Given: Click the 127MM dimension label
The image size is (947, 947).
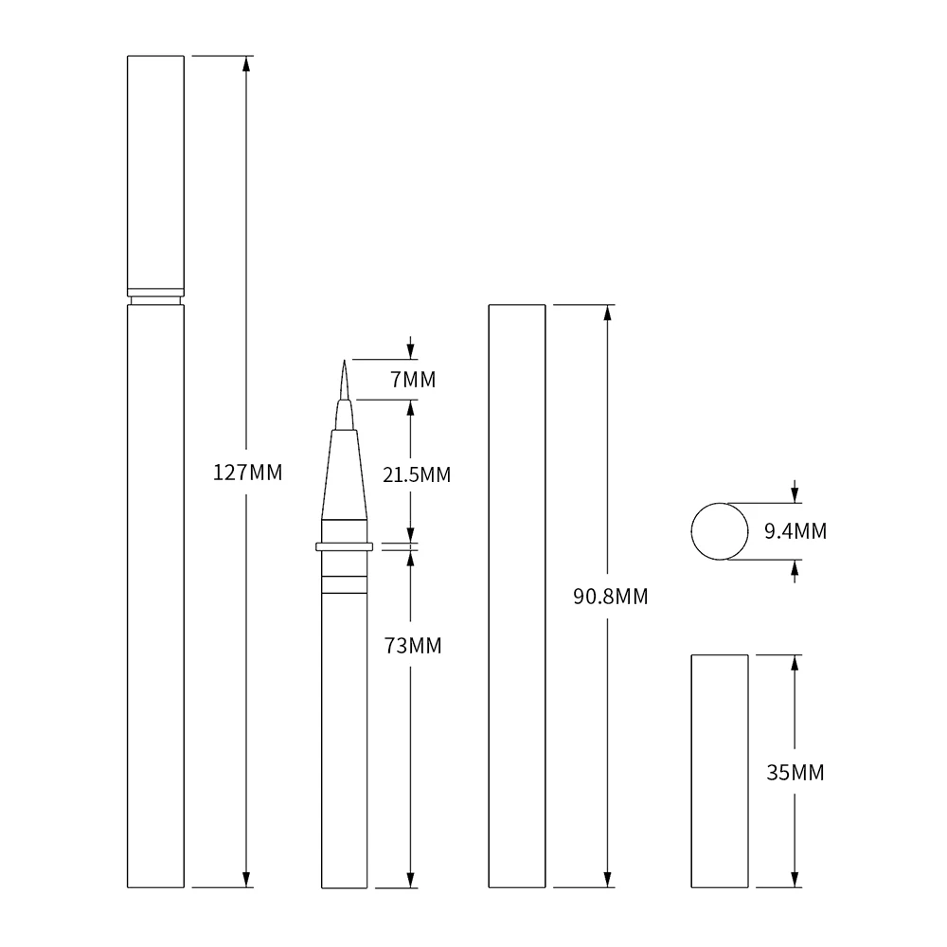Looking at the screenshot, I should (247, 473).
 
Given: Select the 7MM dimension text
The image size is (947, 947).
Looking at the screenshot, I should (413, 380).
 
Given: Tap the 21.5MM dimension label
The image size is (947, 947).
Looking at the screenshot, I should (417, 474).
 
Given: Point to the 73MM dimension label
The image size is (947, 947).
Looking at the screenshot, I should (413, 646).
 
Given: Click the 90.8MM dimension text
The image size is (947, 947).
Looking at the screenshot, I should (611, 597).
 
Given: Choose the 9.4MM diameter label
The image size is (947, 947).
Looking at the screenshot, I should (795, 531).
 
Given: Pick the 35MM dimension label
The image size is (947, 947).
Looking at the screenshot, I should (795, 773).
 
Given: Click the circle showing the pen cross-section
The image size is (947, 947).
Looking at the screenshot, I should (720, 531).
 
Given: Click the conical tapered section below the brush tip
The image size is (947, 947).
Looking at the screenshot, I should (344, 473).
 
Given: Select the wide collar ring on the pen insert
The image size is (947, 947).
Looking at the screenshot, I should (344, 546).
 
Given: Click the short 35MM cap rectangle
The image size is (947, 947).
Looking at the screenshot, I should (720, 771).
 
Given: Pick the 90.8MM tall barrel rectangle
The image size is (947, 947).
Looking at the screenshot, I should (517, 597).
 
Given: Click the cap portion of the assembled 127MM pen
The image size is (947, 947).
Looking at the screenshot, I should (155, 170).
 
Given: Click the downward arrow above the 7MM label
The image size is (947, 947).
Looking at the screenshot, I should (411, 351).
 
